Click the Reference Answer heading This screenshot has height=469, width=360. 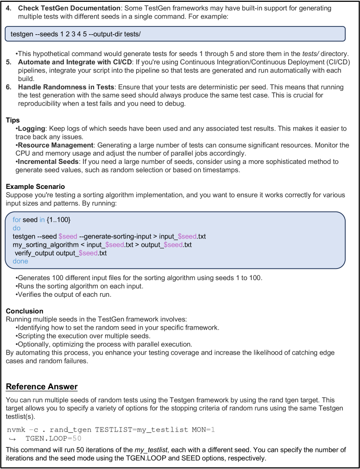[x=42, y=387]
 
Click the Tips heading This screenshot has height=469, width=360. [x=13, y=120]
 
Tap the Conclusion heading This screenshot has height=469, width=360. [x=25, y=311]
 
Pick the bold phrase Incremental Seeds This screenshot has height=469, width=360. [x=47, y=162]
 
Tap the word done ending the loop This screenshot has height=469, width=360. [x=20, y=262]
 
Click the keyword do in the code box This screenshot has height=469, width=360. [x=17, y=228]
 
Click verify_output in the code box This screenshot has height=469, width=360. [x=35, y=253]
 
